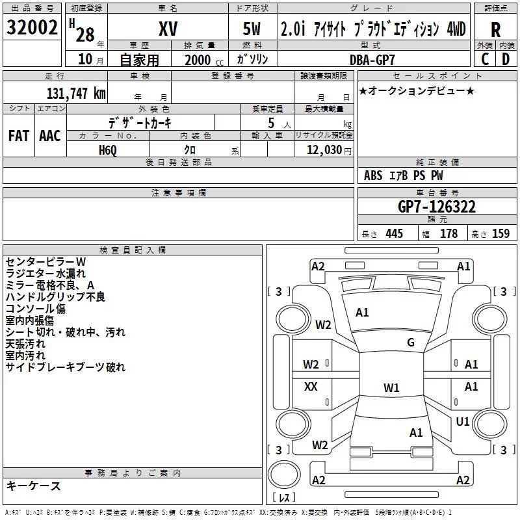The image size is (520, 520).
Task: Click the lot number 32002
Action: click(x=32, y=27)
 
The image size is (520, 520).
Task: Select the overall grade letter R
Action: click(x=495, y=30)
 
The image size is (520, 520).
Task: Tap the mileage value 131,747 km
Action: click(x=76, y=93)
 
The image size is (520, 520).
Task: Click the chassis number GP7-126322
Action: click(x=437, y=207)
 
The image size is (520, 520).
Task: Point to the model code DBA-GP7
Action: click(x=372, y=60)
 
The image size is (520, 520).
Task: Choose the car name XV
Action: click(x=168, y=29)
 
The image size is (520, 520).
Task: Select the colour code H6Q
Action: click(x=108, y=150)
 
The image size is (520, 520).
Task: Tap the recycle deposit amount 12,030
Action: click(x=324, y=150)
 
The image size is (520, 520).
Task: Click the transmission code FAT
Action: click(x=19, y=136)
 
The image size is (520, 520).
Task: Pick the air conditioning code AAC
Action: click(x=50, y=136)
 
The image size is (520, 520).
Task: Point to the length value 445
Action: click(x=394, y=233)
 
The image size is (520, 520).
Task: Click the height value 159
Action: click(x=500, y=233)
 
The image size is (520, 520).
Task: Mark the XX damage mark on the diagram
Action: click(x=311, y=386)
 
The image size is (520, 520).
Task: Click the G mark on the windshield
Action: click(x=411, y=342)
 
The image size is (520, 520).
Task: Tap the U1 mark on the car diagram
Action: click(x=463, y=421)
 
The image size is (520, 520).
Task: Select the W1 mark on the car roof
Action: click(x=391, y=387)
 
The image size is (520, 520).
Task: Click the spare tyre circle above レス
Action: click(x=284, y=474)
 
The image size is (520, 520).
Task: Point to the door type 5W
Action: click(x=252, y=29)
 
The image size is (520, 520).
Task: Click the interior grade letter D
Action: click(x=506, y=59)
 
